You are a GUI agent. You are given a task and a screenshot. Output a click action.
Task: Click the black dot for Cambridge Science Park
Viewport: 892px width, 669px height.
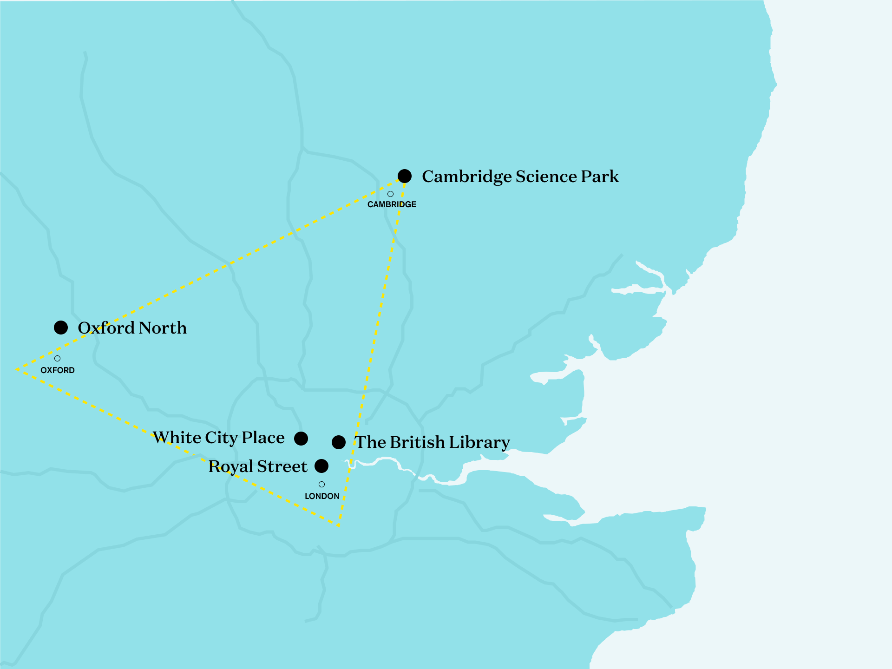(x=405, y=176)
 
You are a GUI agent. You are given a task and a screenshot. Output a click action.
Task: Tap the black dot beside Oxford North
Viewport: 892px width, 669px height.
(x=61, y=328)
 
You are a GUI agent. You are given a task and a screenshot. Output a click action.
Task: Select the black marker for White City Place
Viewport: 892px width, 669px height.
(x=301, y=438)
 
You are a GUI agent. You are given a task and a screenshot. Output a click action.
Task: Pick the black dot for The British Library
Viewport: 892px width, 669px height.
(x=339, y=442)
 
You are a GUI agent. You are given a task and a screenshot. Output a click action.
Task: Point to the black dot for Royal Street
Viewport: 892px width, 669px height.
(x=321, y=466)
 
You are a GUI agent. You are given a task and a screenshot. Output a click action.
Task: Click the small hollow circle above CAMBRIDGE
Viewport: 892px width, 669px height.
(x=390, y=194)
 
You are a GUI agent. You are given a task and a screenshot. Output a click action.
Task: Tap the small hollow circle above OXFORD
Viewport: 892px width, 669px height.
(x=57, y=358)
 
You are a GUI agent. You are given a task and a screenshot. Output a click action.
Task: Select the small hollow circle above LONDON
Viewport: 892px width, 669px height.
(x=321, y=484)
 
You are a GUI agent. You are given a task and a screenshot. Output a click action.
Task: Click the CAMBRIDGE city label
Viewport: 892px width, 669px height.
(x=392, y=204)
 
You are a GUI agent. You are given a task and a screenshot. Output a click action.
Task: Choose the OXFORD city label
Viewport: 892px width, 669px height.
(x=58, y=370)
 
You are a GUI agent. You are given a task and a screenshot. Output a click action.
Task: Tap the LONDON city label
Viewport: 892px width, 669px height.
(x=322, y=496)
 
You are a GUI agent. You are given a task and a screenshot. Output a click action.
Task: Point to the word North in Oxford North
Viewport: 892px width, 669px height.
(x=163, y=328)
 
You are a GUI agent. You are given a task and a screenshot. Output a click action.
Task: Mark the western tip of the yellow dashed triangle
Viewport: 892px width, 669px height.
(x=17, y=369)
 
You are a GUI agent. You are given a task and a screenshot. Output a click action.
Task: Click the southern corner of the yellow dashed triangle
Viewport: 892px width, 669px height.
(x=339, y=526)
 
